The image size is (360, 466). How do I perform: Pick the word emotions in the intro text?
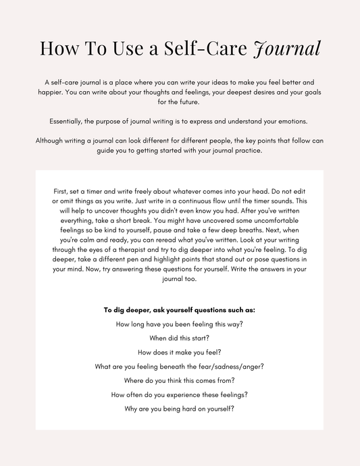tap(290, 122)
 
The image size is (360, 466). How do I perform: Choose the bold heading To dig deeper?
tap(179, 310)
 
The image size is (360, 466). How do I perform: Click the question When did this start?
tap(179, 338)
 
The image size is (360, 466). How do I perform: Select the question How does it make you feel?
tap(179, 352)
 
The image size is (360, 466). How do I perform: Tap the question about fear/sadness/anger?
tap(179, 366)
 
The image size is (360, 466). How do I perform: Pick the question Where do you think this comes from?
tap(179, 380)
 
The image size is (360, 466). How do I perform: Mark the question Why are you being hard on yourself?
tap(179, 409)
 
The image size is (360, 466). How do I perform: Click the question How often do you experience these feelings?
tap(179, 394)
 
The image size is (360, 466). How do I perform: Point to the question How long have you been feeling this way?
tap(179, 324)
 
